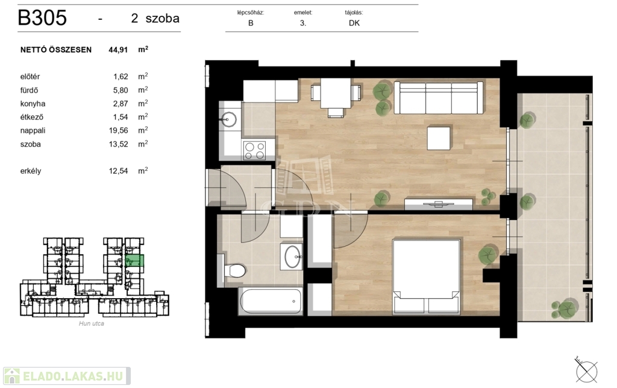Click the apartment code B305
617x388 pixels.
click(43, 17)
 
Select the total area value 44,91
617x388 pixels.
click(118, 49)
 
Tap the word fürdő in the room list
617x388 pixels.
click(29, 90)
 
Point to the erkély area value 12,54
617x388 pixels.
click(119, 171)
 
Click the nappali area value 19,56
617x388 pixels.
click(119, 130)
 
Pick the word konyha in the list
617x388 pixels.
click(33, 104)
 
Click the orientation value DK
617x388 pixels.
click(354, 23)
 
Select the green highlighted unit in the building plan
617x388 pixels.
click(134, 261)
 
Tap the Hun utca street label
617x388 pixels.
click(92, 323)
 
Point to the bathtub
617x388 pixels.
click(271, 301)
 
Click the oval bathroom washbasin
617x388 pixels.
click(292, 256)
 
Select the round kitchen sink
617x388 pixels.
click(229, 118)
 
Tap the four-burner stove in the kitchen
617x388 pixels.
click(255, 150)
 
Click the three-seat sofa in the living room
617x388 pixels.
click(439, 98)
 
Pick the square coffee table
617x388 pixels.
click(439, 138)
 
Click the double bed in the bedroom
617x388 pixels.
click(427, 277)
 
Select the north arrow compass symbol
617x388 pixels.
click(586, 371)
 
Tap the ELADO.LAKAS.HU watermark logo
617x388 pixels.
click(66, 376)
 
